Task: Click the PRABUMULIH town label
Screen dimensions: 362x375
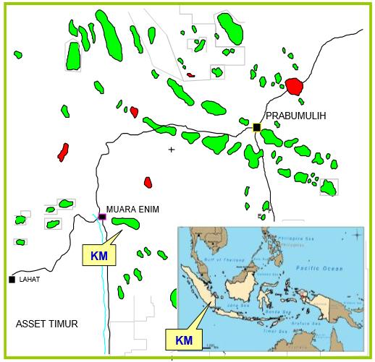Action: click(297, 116)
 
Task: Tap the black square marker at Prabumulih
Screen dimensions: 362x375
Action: click(256, 127)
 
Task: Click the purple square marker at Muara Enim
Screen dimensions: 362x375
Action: click(102, 216)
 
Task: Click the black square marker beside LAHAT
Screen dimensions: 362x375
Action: click(12, 279)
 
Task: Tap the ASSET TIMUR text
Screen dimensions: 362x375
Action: click(46, 323)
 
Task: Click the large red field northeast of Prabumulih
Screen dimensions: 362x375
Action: click(294, 86)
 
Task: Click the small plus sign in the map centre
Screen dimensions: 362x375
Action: click(172, 150)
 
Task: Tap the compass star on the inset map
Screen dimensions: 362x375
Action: click(357, 234)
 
